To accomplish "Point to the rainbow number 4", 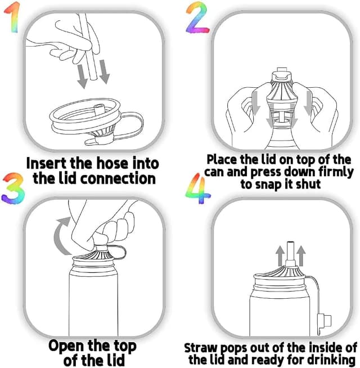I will pos(197,189).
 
